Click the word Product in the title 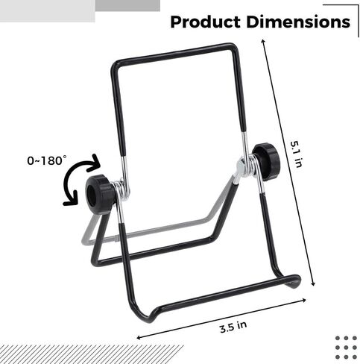205,22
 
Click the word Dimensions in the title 298,22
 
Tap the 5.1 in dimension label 297,154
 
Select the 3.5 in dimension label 233,327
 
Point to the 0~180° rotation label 47,160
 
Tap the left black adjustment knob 100,194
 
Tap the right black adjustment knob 266,161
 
